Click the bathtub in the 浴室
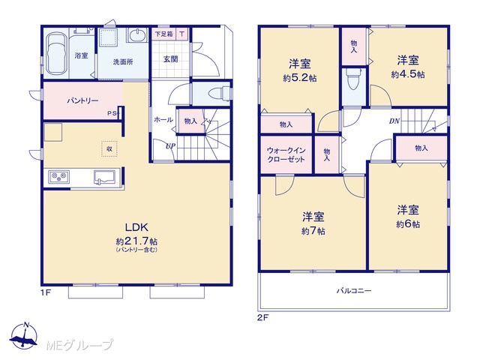pos(55,53)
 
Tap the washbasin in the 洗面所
pos(137,35)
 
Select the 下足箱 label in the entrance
pos(163,34)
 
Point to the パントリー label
pos(83,100)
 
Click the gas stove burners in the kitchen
pos(58,177)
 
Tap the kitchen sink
pos(104,177)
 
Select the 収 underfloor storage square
pos(109,148)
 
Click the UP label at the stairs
pos(170,146)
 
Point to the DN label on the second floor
pos(394,121)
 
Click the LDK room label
pos(136,227)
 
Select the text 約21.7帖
pos(136,241)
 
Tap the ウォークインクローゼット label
pos(286,155)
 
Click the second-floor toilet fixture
pos(353,79)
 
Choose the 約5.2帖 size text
pos(300,78)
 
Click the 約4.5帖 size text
pos(408,74)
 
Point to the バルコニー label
pos(354,290)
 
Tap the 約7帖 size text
pos(313,231)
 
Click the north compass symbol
pos(24,336)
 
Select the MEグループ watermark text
pos(79,345)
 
